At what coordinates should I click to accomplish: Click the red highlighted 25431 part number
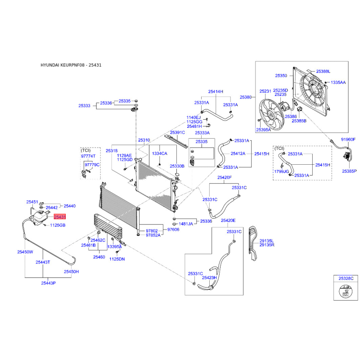coord(60,217)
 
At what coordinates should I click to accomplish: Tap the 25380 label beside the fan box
coord(246,97)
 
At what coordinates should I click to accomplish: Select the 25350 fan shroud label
coord(281,76)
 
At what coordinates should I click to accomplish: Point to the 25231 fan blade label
coord(265,91)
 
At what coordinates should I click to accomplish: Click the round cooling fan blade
coord(271,114)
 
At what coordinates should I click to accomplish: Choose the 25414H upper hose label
coord(216,91)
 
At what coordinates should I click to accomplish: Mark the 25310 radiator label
coord(144,140)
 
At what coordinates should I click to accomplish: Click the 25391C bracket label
coord(177,132)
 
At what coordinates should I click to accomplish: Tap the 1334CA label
coord(160,153)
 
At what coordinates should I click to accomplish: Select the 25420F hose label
coord(224,177)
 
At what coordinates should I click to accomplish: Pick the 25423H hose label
coord(209,278)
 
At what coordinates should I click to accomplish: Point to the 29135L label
coord(266,241)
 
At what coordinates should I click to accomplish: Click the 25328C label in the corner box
coord(346,278)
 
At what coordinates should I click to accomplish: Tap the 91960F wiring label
coord(348,139)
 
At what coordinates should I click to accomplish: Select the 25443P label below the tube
coord(49,283)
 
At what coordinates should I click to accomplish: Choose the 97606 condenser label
coord(173,229)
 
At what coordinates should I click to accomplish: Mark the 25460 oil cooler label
coord(99,257)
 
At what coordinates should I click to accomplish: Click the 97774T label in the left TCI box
coord(88,156)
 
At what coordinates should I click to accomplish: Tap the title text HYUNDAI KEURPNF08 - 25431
coord(71,65)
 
